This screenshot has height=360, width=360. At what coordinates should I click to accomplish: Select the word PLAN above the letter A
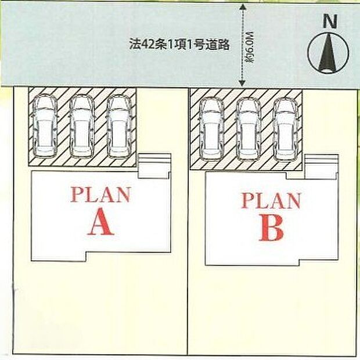pos(100,195)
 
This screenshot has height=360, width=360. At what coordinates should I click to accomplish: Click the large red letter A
pos(100,222)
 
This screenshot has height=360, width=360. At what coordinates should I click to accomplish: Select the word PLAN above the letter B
pos(271,201)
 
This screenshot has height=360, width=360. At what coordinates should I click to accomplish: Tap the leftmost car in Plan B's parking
pos(211,127)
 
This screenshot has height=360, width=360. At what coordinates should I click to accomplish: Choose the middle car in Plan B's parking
pos(248,128)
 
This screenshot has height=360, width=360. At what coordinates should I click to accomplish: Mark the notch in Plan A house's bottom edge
pos(58,255)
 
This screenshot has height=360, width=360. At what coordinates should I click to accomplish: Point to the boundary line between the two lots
pos(188,232)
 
